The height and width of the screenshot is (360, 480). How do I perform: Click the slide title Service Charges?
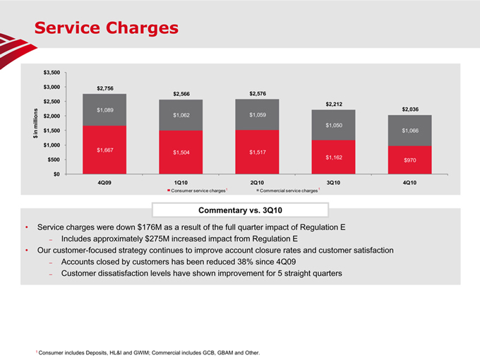tap(107, 28)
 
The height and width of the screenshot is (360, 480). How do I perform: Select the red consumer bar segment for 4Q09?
tap(104, 150)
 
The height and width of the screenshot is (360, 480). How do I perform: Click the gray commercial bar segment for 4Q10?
tap(409, 131)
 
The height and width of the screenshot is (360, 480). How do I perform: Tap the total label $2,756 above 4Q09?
tap(105, 88)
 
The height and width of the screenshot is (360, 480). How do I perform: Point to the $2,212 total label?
tap(334, 104)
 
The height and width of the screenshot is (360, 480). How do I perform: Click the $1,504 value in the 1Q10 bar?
tap(181, 152)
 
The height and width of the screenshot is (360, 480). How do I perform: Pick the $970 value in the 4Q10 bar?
tap(410, 161)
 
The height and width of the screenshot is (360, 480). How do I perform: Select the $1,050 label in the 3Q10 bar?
tap(334, 125)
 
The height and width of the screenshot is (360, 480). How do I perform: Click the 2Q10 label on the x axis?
tap(258, 183)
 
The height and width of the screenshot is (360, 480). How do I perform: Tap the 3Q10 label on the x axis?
tap(334, 183)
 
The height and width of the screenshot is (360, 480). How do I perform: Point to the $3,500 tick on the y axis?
tap(50, 73)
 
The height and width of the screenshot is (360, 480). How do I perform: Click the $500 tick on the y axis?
tap(52, 160)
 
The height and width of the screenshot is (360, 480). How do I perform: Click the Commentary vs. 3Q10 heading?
tap(241, 210)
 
